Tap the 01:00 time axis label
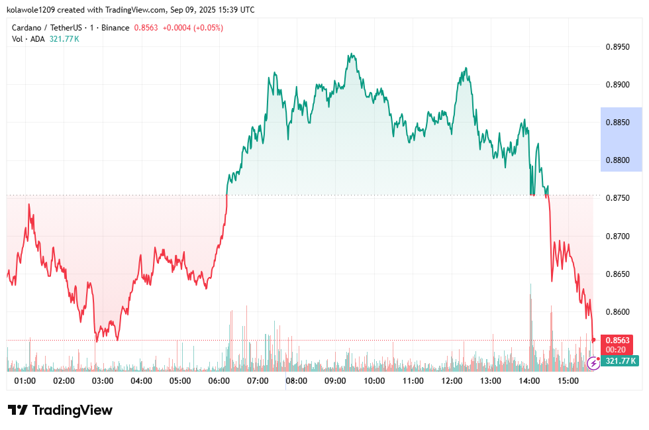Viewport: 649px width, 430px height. [25, 381]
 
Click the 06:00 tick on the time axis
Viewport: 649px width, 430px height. [219, 381]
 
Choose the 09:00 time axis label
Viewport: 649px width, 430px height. [336, 381]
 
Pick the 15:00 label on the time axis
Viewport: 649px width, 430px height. [568, 381]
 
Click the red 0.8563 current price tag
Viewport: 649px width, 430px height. [617, 341]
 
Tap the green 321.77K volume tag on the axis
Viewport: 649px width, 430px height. [621, 361]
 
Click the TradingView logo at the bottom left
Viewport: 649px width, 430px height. [60, 410]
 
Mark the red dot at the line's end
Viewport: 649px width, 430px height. [593, 340]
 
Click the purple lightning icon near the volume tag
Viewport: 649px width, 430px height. [593, 363]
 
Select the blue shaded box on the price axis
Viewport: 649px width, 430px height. [621, 139]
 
